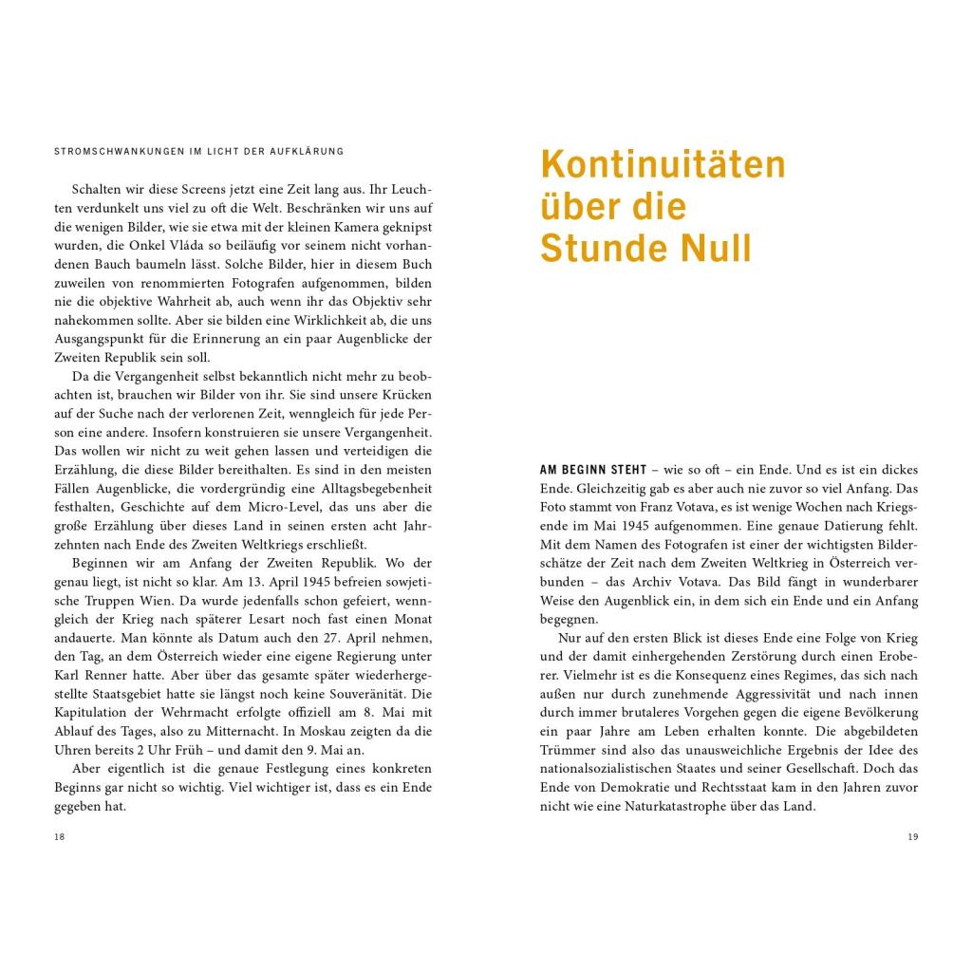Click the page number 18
coord(59,836)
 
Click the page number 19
coord(913,836)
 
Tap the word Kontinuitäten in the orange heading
coord(663,164)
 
